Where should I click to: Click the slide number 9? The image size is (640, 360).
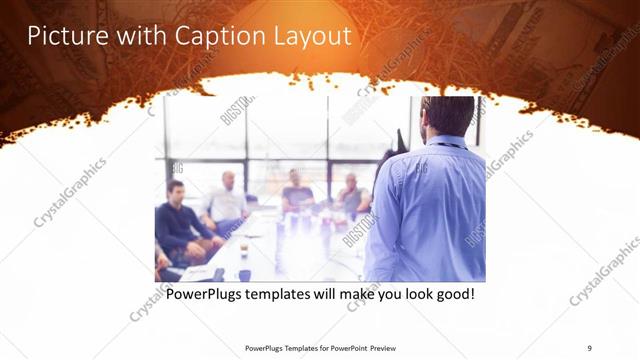point(590,347)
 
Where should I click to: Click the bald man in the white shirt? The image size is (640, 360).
point(227,200)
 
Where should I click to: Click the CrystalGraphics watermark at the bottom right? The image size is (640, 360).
point(604,270)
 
